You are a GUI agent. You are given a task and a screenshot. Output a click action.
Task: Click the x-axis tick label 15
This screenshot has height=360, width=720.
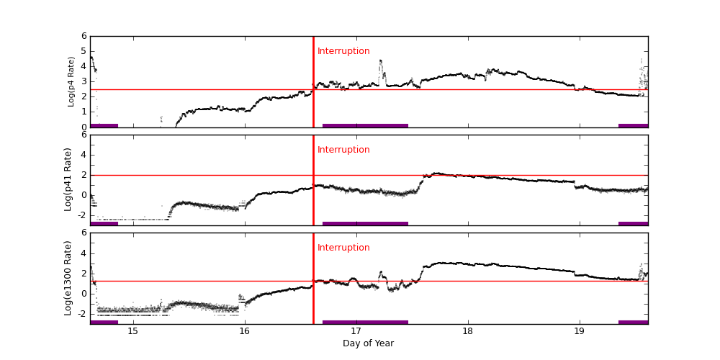(x=132, y=331)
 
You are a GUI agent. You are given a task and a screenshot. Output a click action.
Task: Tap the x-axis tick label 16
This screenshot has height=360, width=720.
(x=245, y=331)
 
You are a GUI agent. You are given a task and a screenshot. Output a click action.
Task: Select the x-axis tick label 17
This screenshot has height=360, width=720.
(x=356, y=331)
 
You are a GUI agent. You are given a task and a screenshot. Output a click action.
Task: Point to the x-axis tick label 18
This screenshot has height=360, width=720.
(x=468, y=331)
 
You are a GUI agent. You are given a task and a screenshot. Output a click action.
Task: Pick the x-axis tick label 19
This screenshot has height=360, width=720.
(x=580, y=331)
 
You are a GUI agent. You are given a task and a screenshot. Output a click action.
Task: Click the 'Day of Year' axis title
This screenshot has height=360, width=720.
(x=368, y=343)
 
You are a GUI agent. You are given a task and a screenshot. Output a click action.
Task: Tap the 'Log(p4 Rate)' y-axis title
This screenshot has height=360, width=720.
(x=71, y=81)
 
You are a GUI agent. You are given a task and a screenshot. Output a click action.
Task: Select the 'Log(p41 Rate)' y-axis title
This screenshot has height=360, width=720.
(x=68, y=179)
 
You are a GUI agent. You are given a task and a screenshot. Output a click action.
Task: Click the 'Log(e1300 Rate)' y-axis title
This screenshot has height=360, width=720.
(x=68, y=278)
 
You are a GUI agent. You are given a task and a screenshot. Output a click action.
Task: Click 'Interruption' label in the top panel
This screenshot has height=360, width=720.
(x=343, y=51)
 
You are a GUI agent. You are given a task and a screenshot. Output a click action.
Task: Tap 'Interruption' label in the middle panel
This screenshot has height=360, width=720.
(x=343, y=150)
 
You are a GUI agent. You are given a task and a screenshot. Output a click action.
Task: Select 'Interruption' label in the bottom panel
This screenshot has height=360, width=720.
(x=343, y=248)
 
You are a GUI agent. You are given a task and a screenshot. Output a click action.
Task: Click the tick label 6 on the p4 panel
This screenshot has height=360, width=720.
(x=84, y=36)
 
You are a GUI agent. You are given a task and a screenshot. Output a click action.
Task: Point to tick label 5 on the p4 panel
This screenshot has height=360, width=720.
(x=84, y=51)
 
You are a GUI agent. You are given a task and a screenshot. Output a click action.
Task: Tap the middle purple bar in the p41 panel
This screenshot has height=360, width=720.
(x=365, y=223)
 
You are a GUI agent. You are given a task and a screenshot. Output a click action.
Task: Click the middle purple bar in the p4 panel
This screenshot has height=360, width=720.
(x=365, y=125)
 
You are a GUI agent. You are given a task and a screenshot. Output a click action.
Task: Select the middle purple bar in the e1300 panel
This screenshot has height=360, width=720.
(x=365, y=322)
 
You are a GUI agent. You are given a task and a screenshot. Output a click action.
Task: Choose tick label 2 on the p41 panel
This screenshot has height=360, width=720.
(x=84, y=174)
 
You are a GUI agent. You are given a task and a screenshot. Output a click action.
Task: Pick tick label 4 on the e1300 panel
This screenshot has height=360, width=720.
(x=84, y=253)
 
